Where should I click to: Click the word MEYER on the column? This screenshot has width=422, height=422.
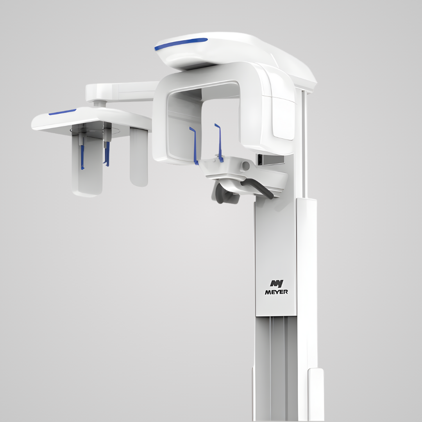click(276, 291)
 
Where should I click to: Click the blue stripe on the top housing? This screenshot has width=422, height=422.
click(181, 44)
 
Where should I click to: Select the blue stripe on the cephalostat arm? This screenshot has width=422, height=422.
click(62, 112)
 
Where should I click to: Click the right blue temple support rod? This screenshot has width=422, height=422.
click(219, 142)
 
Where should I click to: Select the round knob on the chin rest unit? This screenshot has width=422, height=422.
click(245, 166)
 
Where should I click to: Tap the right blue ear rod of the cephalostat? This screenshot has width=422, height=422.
click(107, 153)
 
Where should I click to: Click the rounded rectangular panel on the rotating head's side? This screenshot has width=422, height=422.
click(284, 117)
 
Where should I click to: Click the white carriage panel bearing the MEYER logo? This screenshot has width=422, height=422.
click(276, 254)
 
